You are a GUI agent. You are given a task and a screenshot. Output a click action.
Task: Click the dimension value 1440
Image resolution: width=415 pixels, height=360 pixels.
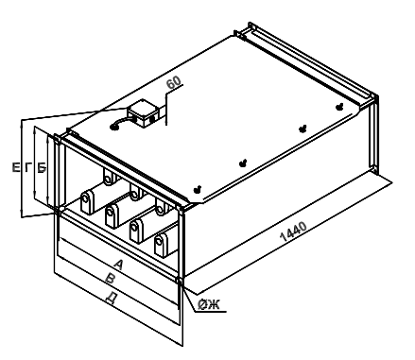pyautogui.click(x=293, y=231)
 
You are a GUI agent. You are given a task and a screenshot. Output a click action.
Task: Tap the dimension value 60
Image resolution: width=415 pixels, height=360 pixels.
pyautogui.click(x=174, y=82)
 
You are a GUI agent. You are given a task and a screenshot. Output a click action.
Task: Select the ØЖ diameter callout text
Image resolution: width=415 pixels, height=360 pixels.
pyautogui.click(x=209, y=304)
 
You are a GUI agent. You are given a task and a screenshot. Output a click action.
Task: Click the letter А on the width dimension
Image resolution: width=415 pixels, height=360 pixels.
pyautogui.click(x=118, y=265)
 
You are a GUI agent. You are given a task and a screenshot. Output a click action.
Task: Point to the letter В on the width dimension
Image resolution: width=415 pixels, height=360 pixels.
pyautogui.click(x=111, y=279)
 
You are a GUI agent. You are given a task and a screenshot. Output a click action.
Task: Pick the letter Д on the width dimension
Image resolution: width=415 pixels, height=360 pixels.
pyautogui.click(x=110, y=298)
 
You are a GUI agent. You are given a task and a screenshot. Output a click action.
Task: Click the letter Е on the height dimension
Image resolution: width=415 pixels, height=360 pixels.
pyautogui.click(x=16, y=167)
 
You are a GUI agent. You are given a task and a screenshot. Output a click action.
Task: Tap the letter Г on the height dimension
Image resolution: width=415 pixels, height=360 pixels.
pyautogui.click(x=28, y=167)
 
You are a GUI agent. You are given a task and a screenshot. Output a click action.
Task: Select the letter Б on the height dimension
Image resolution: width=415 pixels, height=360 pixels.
pyautogui.click(x=42, y=167)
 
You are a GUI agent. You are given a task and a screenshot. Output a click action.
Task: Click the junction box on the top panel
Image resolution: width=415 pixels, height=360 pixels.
pyautogui.click(x=144, y=113)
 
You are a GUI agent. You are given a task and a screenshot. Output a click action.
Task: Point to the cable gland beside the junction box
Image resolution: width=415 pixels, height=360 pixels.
pyautogui.click(x=113, y=127)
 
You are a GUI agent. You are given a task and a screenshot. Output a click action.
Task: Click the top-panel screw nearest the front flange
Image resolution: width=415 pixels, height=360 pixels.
pyautogui.click(x=198, y=189)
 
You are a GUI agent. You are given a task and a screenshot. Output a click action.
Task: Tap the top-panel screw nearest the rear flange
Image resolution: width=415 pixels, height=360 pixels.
pyautogui.click(x=339, y=107)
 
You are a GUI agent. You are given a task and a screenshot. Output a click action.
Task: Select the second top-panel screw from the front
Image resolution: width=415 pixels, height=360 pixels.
pyautogui.click(x=243, y=163)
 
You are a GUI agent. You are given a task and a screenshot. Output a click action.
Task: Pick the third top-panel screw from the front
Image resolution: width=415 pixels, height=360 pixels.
pyautogui.click(x=303, y=129)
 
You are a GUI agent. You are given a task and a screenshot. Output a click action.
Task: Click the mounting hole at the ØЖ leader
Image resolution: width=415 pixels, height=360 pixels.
pyautogui.click(x=180, y=281)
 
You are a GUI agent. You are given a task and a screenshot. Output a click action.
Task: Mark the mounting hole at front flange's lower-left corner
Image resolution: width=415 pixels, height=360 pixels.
pyautogui.click(x=57, y=210)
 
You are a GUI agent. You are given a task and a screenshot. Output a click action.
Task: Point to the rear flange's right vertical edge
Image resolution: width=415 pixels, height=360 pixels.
pyautogui.click(x=376, y=134)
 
